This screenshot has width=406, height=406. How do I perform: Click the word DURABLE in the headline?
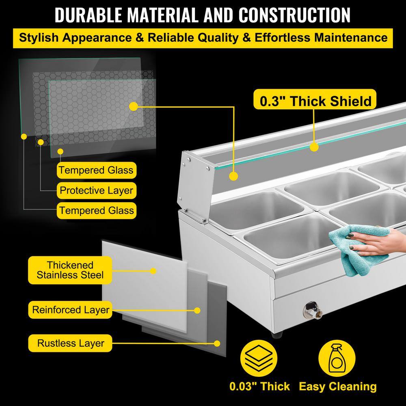[89, 15]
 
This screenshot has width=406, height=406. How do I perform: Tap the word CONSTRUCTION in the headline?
[294, 15]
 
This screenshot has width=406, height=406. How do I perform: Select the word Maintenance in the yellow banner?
[351, 38]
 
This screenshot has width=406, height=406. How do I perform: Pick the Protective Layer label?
[97, 190]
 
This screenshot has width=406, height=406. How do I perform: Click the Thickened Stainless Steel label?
[70, 270]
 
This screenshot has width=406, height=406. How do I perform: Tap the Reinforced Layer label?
[70, 310]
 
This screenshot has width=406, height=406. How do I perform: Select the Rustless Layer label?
[70, 343]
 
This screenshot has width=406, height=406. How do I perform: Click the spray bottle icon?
[337, 358]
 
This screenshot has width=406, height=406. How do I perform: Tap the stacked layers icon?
[259, 358]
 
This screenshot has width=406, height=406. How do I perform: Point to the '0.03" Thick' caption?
[259, 387]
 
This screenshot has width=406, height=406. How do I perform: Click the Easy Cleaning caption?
[338, 387]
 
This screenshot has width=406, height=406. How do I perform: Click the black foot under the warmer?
[276, 334]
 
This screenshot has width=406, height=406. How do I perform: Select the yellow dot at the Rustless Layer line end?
[217, 343]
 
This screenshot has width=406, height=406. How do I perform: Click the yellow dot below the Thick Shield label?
[314, 147]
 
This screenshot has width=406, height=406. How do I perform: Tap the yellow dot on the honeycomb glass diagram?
[133, 106]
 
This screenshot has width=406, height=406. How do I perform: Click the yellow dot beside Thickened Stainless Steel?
[153, 271]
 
